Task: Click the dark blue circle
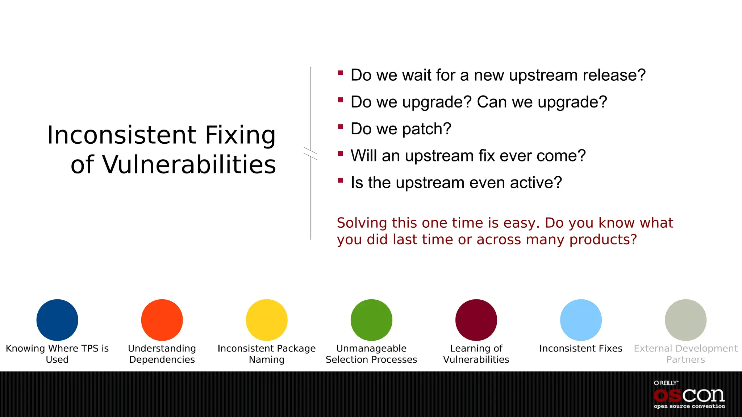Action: pos(57,320)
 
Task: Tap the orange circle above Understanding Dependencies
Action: pos(162,320)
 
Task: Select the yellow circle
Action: pos(267,320)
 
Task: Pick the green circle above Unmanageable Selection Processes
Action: pos(371,320)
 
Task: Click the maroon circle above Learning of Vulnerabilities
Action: pos(476,320)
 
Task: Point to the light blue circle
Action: pos(581,320)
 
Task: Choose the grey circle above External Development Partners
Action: pos(685,320)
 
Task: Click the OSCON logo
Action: pos(689,396)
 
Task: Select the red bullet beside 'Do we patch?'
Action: pos(340,127)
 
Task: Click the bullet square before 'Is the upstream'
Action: pos(340,180)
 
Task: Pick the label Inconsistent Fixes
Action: pos(581,348)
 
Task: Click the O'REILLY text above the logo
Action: pos(666,383)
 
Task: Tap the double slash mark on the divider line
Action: pos(310,153)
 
